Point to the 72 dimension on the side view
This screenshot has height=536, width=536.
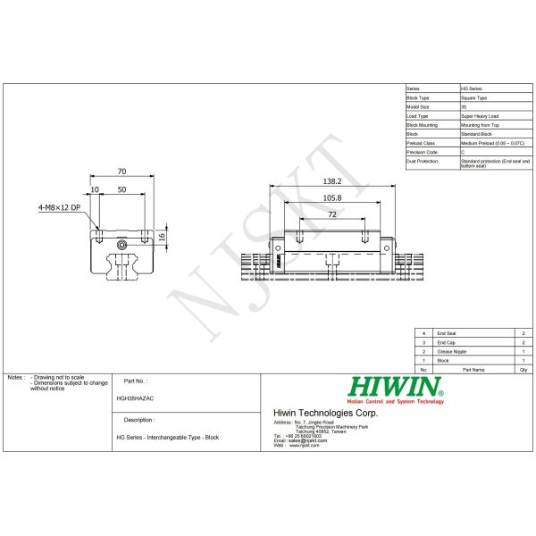tap(331, 215)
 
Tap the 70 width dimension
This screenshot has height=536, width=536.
tap(121, 171)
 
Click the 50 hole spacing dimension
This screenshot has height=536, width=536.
tap(121, 190)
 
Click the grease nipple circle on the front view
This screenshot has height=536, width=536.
tap(122, 242)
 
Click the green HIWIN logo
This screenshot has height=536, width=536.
tap(394, 387)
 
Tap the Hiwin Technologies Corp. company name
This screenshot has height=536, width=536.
tap(324, 413)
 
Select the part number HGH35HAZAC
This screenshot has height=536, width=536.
tap(135, 399)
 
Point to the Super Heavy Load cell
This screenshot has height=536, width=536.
tap(481, 116)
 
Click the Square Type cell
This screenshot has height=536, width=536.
tap(474, 98)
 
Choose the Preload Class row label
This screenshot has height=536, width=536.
tap(421, 143)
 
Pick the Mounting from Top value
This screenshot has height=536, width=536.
tap(481, 125)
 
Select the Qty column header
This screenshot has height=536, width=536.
tap(523, 368)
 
